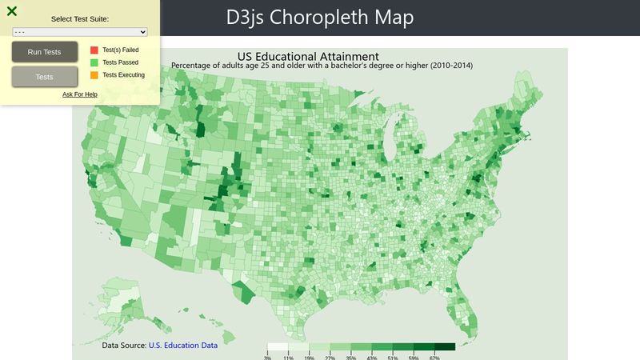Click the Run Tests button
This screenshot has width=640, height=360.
[x=44, y=52]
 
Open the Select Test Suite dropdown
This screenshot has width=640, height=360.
[x=80, y=32]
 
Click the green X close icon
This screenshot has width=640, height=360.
[x=12, y=11]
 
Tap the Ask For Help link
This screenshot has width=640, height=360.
[x=80, y=94]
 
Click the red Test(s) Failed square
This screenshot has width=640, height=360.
[x=94, y=50]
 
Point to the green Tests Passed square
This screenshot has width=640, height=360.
[x=94, y=62]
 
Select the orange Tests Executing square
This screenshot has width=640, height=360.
[x=94, y=75]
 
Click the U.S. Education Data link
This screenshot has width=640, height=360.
[x=183, y=346]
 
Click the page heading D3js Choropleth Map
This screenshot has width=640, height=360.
[x=321, y=18]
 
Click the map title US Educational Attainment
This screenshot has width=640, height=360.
[x=308, y=56]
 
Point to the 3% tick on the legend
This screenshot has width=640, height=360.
[x=267, y=357]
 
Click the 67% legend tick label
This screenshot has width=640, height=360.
[x=434, y=357]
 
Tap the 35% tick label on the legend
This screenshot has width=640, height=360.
[x=350, y=357]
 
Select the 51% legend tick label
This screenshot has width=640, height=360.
[x=393, y=357]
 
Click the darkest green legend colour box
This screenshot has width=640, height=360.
[x=445, y=346]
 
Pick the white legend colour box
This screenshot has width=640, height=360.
[x=278, y=346]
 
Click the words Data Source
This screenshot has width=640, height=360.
[x=124, y=346]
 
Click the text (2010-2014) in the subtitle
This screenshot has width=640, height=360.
[x=451, y=65]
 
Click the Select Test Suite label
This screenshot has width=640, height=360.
[x=80, y=18]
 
